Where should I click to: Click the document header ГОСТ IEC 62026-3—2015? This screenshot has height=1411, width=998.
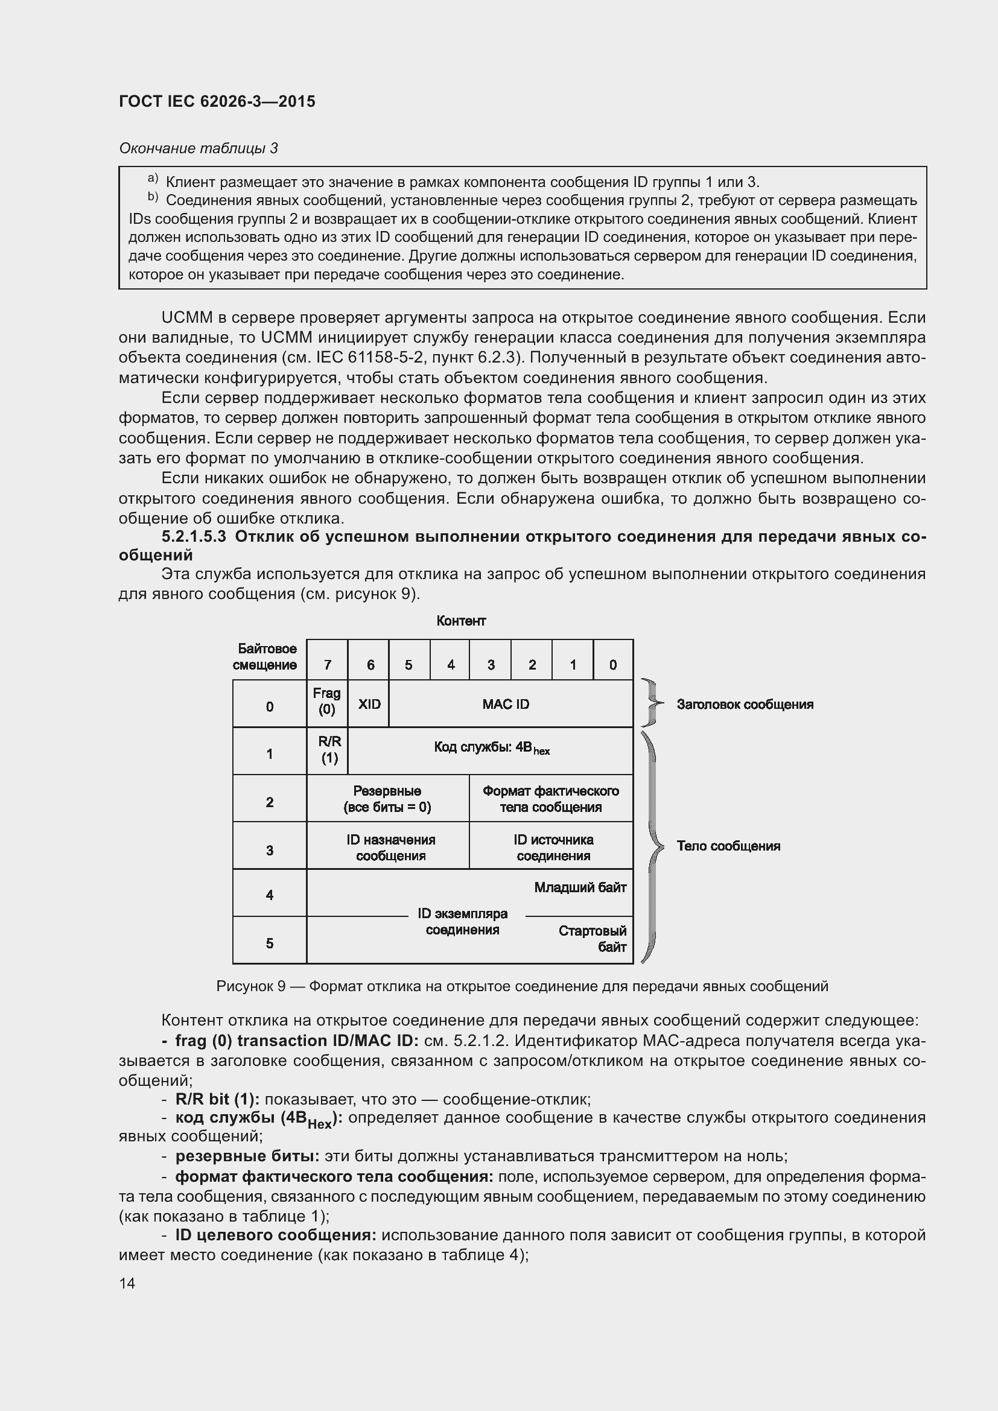coord(217,101)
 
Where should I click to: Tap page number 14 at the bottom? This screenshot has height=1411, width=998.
coord(127,1283)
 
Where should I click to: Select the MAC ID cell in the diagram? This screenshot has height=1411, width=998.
coord(505,704)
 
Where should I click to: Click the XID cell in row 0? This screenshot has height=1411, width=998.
coord(369,704)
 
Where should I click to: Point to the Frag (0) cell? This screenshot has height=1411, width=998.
coord(327,701)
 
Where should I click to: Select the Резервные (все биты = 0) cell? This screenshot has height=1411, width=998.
coord(387,799)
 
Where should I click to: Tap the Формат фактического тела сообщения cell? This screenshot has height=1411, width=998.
coord(551,799)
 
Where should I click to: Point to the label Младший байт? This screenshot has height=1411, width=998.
coord(579,887)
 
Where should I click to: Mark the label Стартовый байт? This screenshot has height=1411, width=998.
coord(593,939)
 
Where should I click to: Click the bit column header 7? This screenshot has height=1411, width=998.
coord(328,664)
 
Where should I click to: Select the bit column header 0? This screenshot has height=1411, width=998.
coord(612,664)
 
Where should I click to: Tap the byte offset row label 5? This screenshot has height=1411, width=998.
coord(269,943)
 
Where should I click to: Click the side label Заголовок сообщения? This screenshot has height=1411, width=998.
coord(745,705)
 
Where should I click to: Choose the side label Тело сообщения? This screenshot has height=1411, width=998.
coord(728,846)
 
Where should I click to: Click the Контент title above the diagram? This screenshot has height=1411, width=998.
coord(461,621)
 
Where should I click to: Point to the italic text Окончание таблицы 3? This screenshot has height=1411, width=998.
coord(198,148)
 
